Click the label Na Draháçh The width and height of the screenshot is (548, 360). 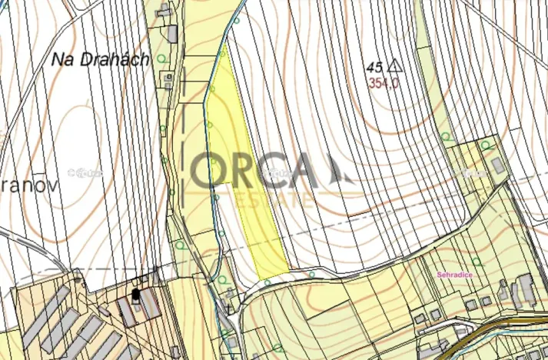101,59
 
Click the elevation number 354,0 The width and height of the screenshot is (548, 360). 383,83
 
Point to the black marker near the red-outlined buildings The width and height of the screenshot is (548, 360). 136,294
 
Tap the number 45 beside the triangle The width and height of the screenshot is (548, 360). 376,67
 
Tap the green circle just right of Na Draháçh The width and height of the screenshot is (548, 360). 161,58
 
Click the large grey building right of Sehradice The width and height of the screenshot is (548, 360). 526,288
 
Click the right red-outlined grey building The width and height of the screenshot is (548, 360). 148,305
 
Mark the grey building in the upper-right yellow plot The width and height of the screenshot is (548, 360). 498,165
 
